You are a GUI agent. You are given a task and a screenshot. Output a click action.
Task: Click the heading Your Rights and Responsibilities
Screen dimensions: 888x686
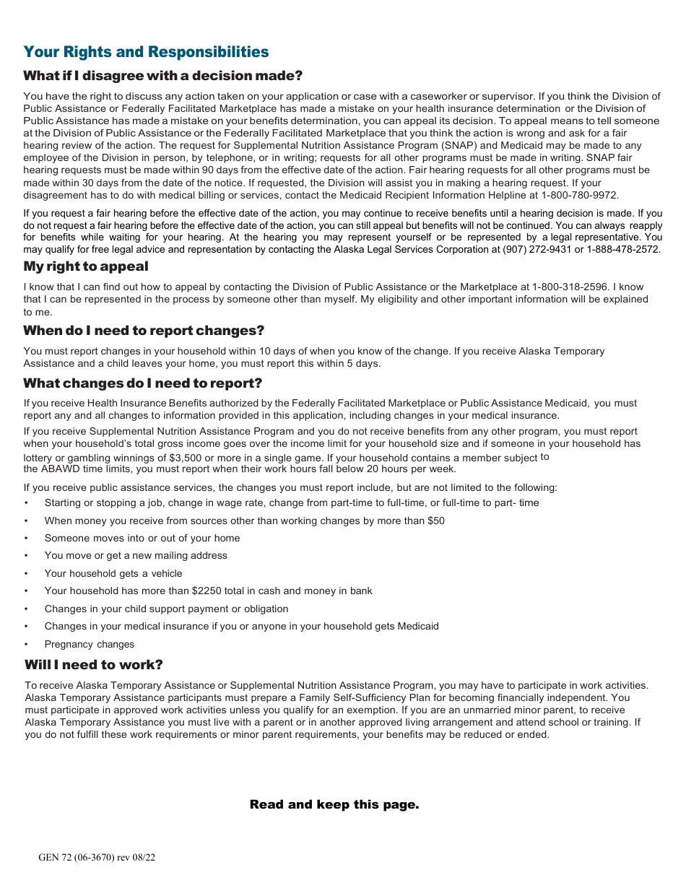146,52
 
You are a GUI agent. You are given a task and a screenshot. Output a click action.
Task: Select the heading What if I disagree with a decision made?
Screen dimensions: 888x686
162,76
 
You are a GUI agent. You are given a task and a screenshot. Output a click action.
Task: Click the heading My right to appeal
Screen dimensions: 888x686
85,266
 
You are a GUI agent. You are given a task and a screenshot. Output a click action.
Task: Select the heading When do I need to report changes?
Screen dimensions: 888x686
144,331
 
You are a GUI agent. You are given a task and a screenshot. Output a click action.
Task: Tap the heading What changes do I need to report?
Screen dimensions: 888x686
142,383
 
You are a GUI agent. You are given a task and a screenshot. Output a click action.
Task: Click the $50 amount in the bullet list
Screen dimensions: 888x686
436,521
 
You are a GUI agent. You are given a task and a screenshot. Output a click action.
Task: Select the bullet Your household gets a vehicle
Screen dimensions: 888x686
113,573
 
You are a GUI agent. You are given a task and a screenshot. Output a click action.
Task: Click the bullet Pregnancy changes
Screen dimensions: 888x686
90,644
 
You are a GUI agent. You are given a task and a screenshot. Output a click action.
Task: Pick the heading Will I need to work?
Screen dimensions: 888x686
93,665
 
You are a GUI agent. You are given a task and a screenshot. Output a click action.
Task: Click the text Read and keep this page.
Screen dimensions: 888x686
334,804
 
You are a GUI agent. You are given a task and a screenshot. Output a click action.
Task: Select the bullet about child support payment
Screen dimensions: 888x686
166,609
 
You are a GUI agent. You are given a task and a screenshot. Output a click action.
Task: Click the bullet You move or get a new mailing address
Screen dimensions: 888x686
136,555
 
